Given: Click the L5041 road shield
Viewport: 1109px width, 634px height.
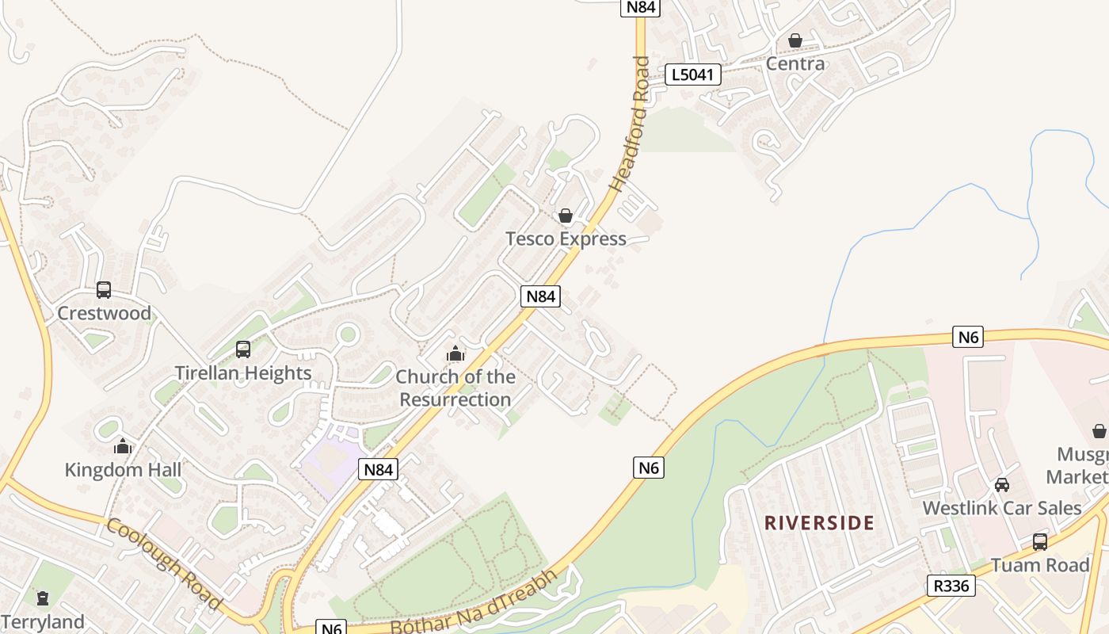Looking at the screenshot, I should point(693,75).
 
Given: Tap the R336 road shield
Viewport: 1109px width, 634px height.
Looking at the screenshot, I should point(951,586).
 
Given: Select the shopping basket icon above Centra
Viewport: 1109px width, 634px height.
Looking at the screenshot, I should point(795,40).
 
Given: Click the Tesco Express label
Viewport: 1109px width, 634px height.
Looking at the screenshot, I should point(566,239).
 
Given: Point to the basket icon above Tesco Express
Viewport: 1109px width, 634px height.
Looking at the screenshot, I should point(566,216).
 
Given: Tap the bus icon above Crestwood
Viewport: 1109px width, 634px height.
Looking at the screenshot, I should point(104,290).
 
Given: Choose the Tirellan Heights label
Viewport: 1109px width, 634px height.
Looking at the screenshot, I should point(243,372).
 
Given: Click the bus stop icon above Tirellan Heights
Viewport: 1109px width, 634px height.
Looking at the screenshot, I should point(243,349).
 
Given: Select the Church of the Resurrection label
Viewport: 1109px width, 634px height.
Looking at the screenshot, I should point(455,388).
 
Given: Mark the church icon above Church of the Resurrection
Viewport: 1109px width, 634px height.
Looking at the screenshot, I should point(455,353).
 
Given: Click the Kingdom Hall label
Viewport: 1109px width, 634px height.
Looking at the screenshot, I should point(123,470).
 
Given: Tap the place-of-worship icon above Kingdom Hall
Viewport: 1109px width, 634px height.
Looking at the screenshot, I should point(123,447).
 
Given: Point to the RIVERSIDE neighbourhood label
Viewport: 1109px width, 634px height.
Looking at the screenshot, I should point(819,523).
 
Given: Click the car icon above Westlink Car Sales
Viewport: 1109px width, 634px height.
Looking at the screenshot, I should point(1002,485).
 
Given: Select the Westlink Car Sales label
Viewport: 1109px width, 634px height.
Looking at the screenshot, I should point(1002,508).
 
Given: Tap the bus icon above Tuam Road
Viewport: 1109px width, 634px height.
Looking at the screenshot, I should point(1040,542).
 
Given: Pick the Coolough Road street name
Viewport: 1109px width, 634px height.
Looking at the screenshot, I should point(164,563).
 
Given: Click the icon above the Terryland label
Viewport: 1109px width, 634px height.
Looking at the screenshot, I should point(43,598).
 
